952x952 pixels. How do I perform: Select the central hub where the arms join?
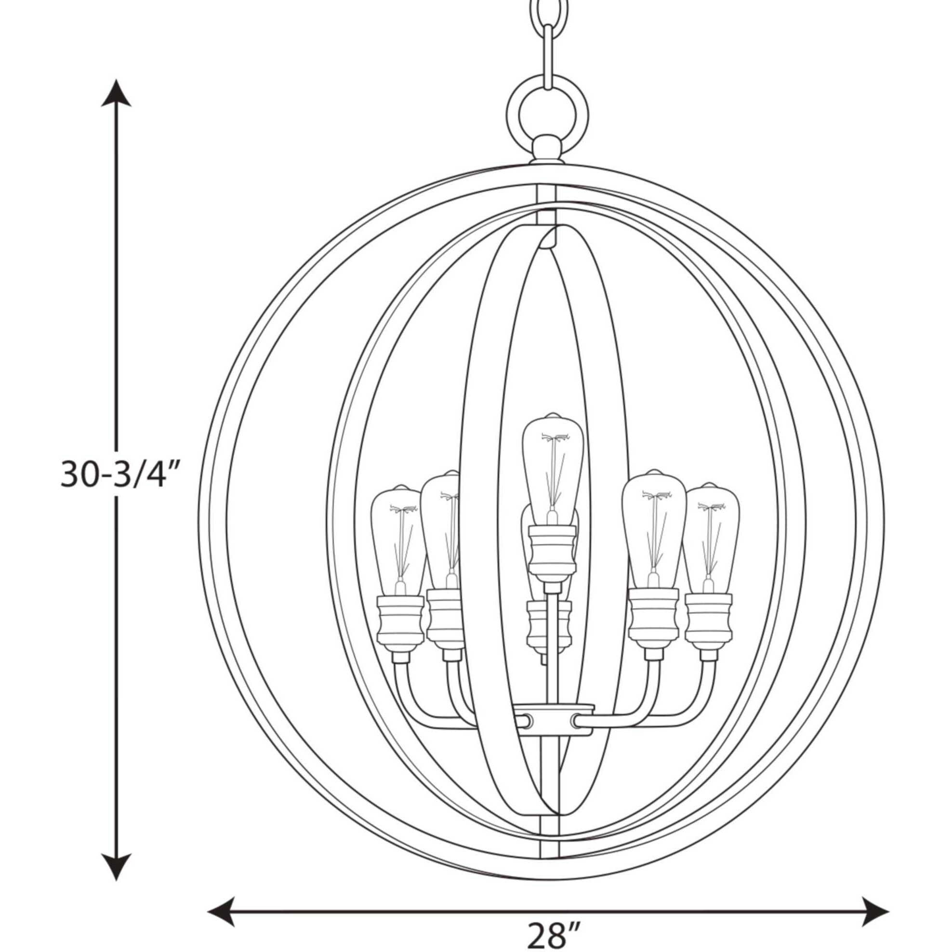(x=551, y=723)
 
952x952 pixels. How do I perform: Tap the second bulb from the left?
(x=441, y=527)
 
